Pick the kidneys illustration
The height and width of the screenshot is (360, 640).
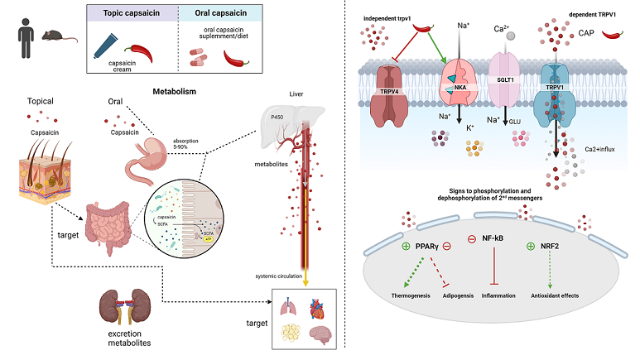tap(127, 305)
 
